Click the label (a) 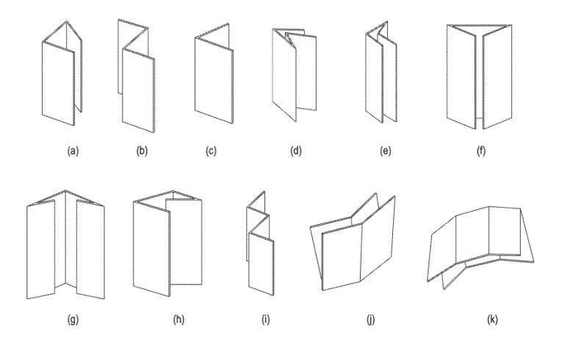click(x=73, y=151)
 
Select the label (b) click(x=142, y=151)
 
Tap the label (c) click(x=211, y=151)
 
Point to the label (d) click(x=295, y=151)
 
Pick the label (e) click(x=386, y=151)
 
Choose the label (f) click(x=481, y=151)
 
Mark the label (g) click(x=73, y=320)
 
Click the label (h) click(x=179, y=320)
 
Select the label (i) click(x=266, y=320)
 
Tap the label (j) click(x=370, y=320)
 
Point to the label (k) click(x=493, y=320)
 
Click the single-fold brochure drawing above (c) click(x=215, y=73)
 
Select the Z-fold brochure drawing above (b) click(x=137, y=76)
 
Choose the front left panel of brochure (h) click(x=151, y=248)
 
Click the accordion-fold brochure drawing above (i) click(x=260, y=243)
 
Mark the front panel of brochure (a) click(x=59, y=84)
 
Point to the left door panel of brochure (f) click(x=461, y=76)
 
